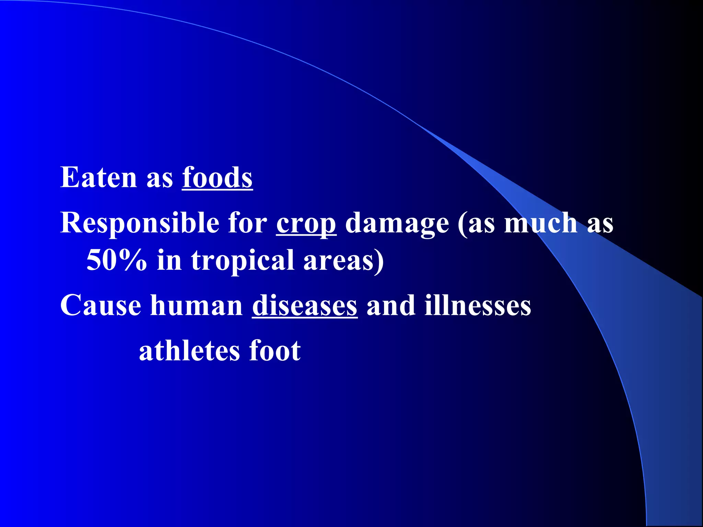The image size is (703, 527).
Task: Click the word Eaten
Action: [x=99, y=178]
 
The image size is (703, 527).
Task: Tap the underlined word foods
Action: [x=217, y=178]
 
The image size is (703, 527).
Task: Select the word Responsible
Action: [x=140, y=223]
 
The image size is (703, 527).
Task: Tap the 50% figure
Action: [x=117, y=260]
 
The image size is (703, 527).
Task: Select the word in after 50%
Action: [x=169, y=260]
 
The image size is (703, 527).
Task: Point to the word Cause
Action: [x=101, y=305]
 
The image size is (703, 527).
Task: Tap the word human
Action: [x=196, y=305]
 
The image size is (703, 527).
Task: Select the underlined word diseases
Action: [x=305, y=305]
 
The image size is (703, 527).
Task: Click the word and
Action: [x=391, y=305]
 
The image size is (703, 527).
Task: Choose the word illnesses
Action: [x=478, y=305]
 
